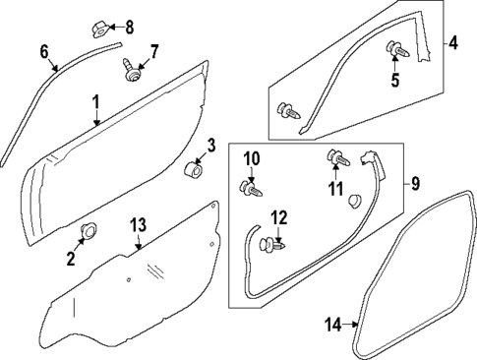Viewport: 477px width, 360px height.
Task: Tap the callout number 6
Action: [42, 50]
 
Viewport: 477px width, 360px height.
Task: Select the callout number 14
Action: [332, 324]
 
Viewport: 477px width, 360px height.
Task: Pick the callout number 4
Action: [452, 43]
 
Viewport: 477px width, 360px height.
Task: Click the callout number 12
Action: [279, 217]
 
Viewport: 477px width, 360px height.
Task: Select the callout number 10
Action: [252, 157]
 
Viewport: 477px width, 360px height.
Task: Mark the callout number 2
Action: [70, 259]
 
